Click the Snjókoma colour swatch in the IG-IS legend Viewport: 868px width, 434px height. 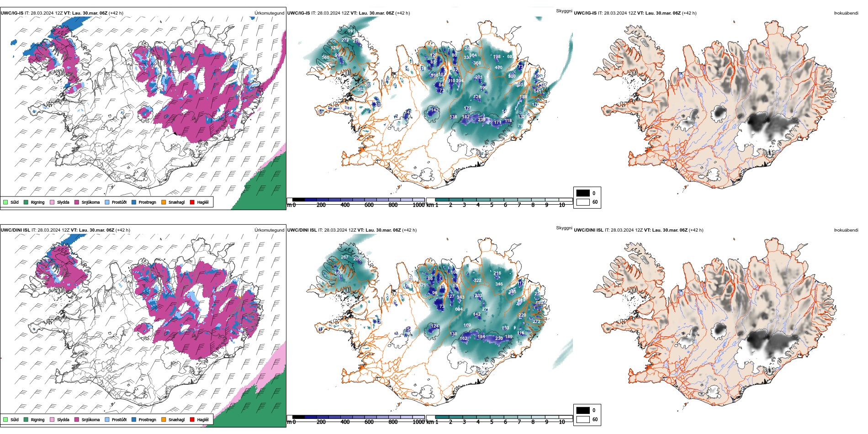coord(77,202)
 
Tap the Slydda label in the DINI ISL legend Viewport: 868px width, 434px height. coord(63,420)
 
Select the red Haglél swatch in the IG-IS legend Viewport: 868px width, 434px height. coord(192,202)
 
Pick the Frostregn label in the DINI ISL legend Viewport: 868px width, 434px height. coord(147,420)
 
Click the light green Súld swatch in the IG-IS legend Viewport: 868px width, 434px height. coord(5,202)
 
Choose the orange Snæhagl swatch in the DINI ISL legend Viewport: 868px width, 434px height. coord(164,419)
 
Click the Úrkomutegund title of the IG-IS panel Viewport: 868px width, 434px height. coord(269,13)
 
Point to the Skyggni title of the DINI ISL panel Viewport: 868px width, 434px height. coord(564,228)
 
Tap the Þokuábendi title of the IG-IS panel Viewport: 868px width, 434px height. coord(846,13)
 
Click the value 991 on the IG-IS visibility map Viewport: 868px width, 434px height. coord(351,31)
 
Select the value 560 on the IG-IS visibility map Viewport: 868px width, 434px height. coord(325,58)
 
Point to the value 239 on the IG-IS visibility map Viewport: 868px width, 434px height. coord(482,120)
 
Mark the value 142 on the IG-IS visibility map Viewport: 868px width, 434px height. coord(434,110)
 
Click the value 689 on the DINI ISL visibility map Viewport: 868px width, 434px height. coord(521,300)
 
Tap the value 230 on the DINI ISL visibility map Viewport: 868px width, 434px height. coord(499,339)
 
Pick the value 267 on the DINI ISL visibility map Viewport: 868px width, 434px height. coord(344,257)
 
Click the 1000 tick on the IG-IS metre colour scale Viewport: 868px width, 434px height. coord(418,205)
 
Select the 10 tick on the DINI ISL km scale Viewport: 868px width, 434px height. coord(562,422)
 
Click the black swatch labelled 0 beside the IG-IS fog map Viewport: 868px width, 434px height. coord(583,193)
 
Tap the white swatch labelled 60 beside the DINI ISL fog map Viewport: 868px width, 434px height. coord(583,419)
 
